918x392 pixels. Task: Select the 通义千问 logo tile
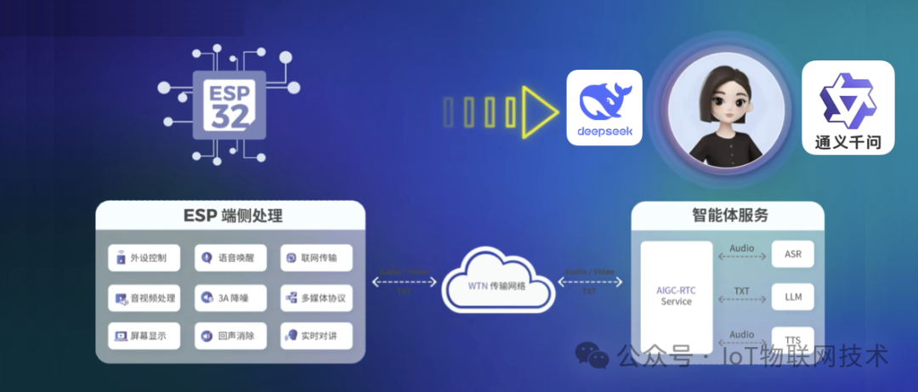click(848, 107)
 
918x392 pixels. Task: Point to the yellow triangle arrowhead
click(538, 111)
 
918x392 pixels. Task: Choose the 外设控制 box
click(144, 258)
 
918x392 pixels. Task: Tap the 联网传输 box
click(315, 258)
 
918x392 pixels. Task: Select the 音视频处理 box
click(144, 298)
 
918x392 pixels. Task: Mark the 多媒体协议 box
click(315, 298)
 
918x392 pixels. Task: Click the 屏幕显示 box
click(144, 336)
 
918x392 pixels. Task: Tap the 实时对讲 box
click(315, 336)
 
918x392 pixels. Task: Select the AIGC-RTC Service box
click(677, 296)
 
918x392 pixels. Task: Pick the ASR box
click(792, 254)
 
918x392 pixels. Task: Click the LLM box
click(792, 297)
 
